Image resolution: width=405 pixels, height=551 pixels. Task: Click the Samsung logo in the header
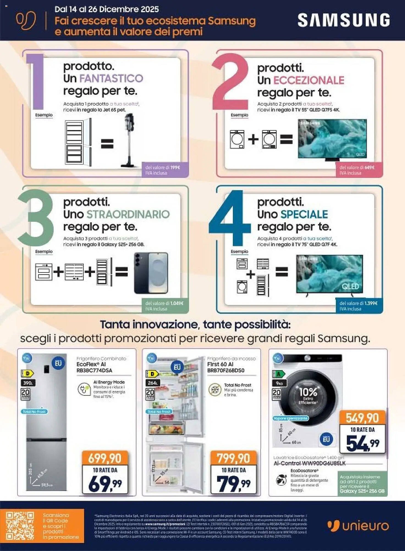(343, 20)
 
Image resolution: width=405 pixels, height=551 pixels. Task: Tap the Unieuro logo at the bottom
(358, 526)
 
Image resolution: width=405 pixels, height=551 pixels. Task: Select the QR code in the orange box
(20, 526)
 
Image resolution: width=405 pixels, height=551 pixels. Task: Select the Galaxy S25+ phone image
(151, 273)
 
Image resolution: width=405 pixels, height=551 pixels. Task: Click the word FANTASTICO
(111, 79)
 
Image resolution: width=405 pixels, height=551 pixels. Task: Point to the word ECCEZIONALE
(308, 80)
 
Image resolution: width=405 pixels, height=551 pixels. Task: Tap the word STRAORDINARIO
(128, 214)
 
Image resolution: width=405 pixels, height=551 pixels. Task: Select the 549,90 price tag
(362, 418)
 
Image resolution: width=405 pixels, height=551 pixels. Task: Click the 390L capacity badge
(28, 383)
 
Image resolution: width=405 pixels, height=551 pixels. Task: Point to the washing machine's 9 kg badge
(279, 383)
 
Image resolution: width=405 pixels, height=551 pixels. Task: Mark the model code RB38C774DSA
(94, 371)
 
